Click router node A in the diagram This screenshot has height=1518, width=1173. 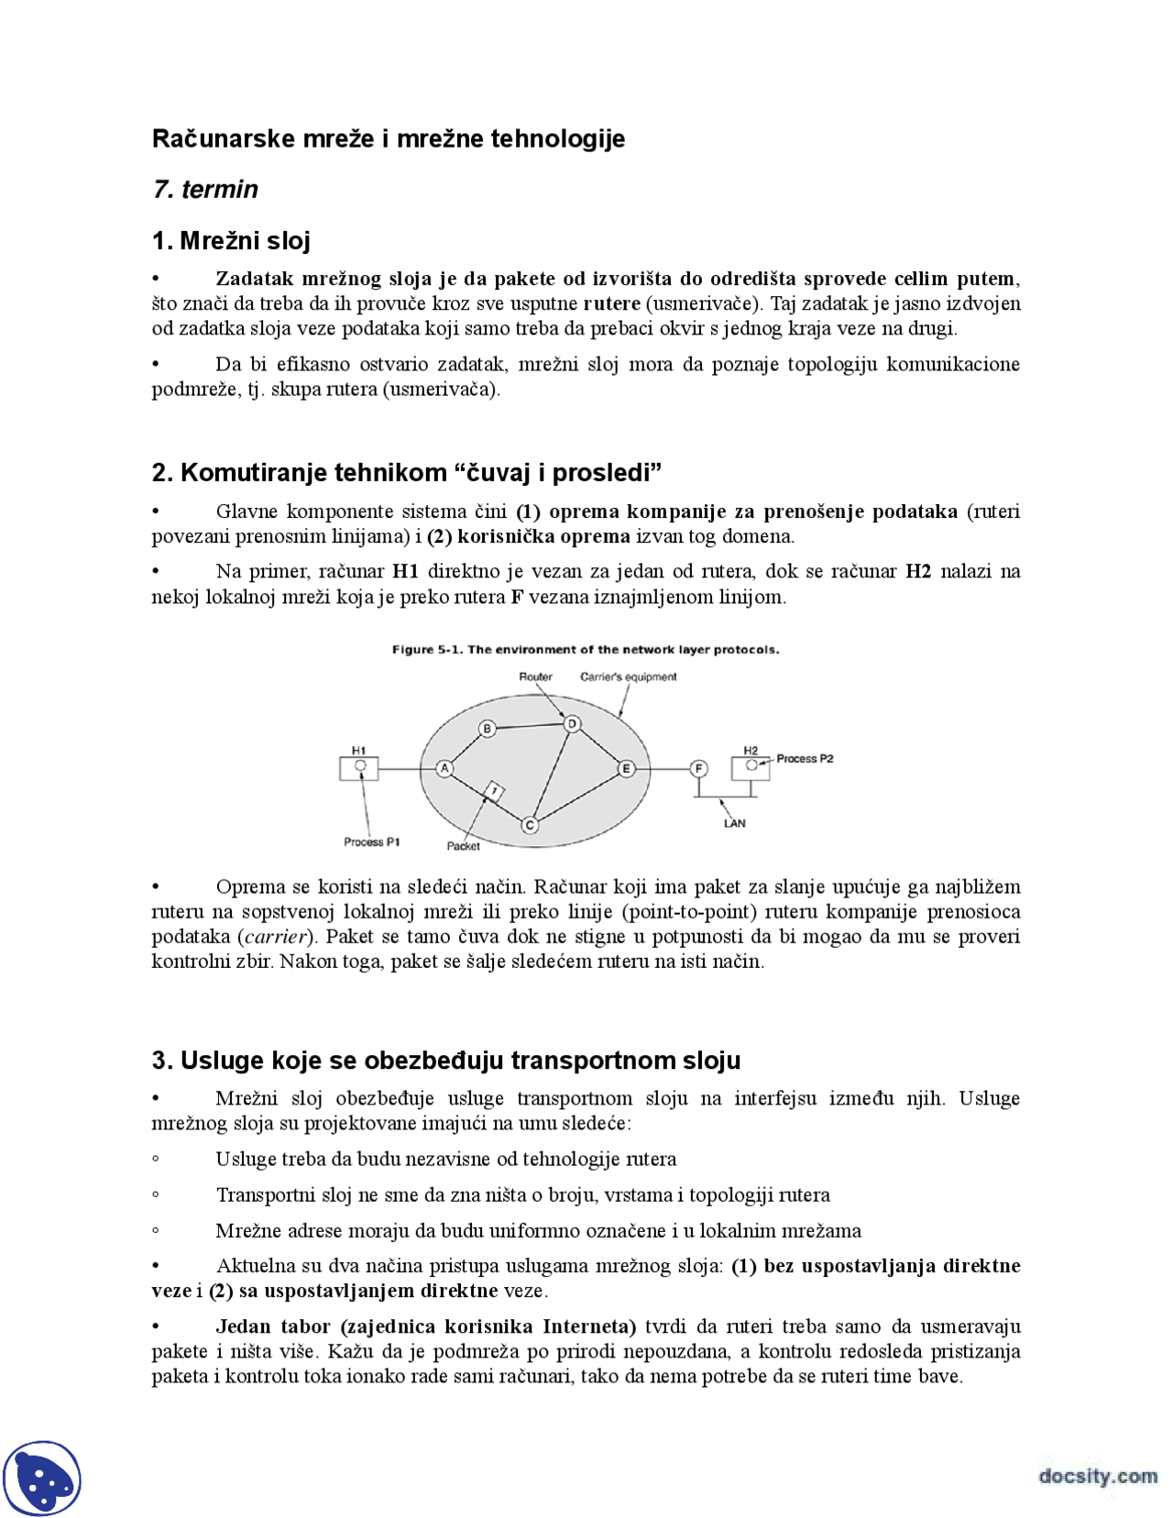point(444,768)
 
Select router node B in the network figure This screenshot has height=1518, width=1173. point(488,729)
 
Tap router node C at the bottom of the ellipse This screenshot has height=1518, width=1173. point(530,825)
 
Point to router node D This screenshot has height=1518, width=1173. point(572,724)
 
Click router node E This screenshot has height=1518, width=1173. point(626,768)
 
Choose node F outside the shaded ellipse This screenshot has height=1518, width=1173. point(699,768)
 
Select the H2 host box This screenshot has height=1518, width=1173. point(751,766)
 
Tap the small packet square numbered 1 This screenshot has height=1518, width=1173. point(494,791)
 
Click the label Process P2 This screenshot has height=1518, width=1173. point(805,758)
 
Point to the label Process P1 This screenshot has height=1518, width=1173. point(371,841)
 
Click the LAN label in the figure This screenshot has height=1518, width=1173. point(734,823)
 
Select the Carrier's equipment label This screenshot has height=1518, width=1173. point(628,676)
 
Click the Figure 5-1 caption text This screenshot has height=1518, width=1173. point(586,649)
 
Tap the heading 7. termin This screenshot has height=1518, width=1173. point(205,189)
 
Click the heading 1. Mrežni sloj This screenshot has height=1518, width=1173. point(231,240)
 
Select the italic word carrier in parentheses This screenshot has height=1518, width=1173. point(276,936)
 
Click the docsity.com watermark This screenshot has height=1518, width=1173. point(1097,1476)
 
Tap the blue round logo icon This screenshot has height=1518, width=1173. point(42,1478)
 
